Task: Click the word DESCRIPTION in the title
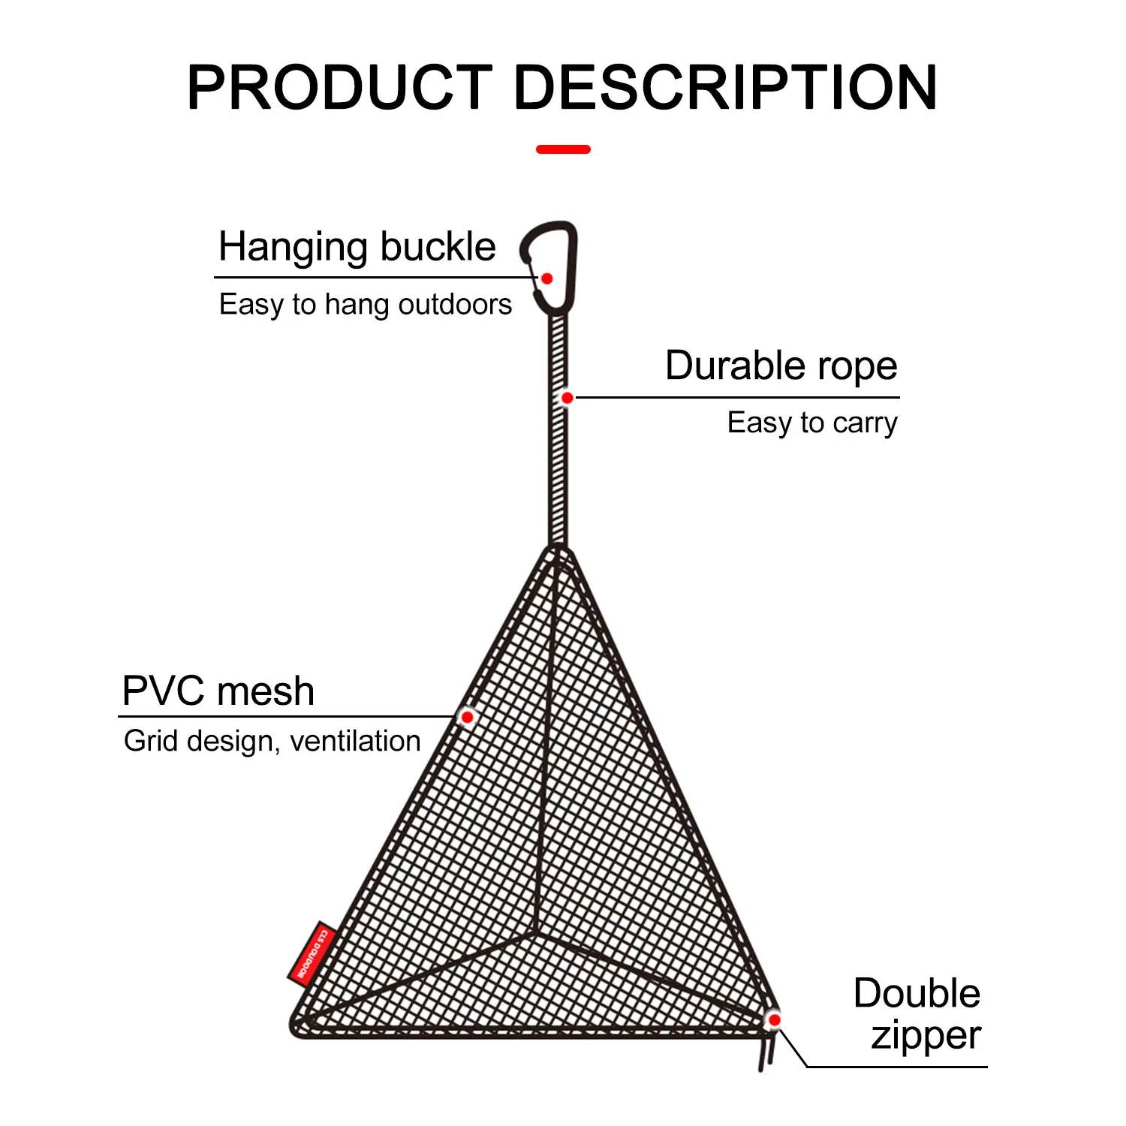coord(725,88)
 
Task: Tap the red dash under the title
coord(563,149)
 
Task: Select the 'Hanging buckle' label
coord(357,247)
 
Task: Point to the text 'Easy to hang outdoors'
coord(365,305)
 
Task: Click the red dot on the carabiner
coord(547,278)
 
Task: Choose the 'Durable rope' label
coord(781,366)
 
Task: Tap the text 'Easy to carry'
coord(812,423)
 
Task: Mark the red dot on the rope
coord(568,398)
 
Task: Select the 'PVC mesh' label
coord(218,691)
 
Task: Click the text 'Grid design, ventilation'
coord(272,741)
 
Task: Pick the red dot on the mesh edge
coord(467,717)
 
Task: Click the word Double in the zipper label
coord(917,993)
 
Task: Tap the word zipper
coord(926,1036)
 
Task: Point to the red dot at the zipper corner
coord(774,1019)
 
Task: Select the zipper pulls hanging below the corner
coord(766,1051)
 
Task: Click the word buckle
coord(438,247)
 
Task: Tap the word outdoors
coord(455,305)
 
